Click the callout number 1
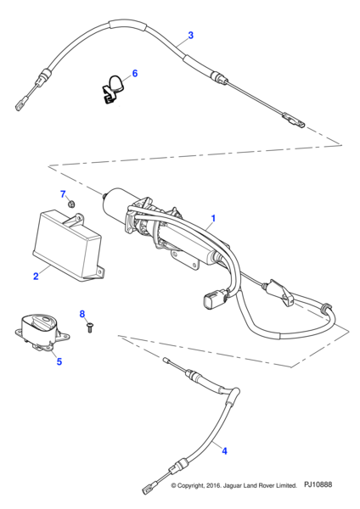(213, 219)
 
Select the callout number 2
(36, 276)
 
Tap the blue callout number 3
(191, 35)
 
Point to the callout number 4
(224, 450)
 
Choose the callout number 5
(59, 361)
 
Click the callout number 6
(134, 73)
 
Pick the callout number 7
(63, 194)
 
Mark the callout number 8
(82, 314)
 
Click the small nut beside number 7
(72, 204)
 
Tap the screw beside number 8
(89, 327)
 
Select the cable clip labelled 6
(112, 89)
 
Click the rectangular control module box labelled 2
(69, 246)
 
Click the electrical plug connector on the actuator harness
(213, 299)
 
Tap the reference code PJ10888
(318, 484)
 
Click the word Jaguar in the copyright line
(233, 485)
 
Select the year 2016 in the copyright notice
(213, 485)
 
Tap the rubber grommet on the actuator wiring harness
(325, 306)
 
